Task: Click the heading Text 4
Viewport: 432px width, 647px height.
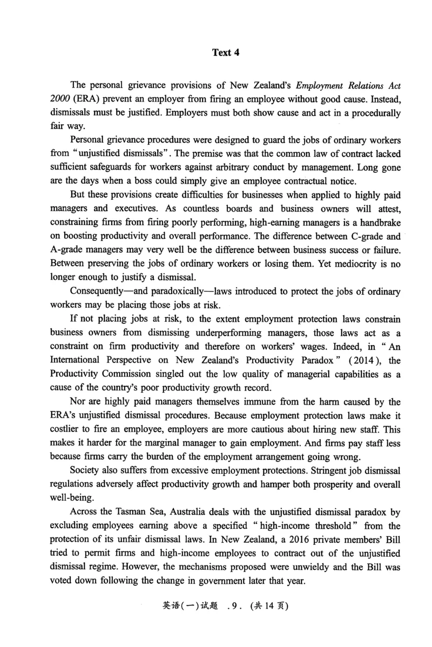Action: tap(226, 52)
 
